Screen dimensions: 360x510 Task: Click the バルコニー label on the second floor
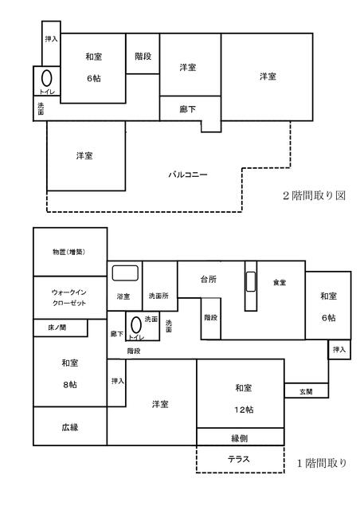(x=188, y=175)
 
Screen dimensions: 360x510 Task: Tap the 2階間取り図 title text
(x=314, y=195)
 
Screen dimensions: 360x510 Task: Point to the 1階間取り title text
(x=322, y=463)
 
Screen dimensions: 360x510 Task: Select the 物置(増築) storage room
(x=70, y=252)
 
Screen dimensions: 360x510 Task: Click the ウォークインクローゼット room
(x=70, y=297)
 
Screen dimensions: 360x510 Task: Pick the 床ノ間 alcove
(x=61, y=328)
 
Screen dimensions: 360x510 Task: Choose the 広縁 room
(x=70, y=426)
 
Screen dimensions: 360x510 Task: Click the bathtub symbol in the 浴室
(x=125, y=273)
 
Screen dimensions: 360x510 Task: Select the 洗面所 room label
(x=158, y=296)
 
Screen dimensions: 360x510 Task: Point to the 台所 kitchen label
(x=209, y=279)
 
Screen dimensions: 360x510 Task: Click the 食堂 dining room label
(x=280, y=283)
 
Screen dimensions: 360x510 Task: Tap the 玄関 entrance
(x=307, y=390)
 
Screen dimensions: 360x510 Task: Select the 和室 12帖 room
(x=241, y=394)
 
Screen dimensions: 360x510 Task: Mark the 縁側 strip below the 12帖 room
(x=241, y=437)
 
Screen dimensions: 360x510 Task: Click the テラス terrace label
(x=239, y=459)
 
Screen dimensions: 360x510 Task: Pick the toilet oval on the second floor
(x=46, y=78)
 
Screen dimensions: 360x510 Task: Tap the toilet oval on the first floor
(x=136, y=325)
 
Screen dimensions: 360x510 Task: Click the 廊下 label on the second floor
(x=188, y=109)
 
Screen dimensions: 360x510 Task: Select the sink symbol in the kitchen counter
(x=251, y=281)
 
